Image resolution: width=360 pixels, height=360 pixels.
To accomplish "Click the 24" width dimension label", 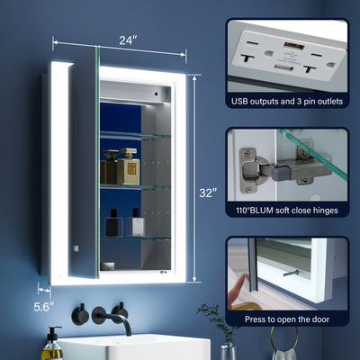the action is point(128,40).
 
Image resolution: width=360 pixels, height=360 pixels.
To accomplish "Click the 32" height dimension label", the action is point(208,193).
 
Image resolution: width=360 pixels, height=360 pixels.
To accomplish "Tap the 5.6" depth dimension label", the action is point(44,307).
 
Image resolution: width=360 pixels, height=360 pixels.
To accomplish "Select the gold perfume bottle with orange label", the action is point(129,166).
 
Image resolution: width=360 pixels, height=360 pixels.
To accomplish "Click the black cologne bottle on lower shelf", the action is point(113,223).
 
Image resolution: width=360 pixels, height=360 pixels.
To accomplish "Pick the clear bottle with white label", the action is point(136,223).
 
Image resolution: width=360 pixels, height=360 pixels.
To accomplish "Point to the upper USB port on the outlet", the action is point(294,46).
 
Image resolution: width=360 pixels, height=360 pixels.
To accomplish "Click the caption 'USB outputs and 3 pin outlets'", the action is point(287,102).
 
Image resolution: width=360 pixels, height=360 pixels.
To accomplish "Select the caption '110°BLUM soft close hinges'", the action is point(287,211).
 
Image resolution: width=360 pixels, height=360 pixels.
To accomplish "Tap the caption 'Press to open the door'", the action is point(287,319).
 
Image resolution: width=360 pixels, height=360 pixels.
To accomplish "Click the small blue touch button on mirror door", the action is point(75,248).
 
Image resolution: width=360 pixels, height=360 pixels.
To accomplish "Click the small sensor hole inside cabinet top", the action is point(156,93).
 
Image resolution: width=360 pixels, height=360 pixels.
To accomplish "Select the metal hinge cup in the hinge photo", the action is point(254,170).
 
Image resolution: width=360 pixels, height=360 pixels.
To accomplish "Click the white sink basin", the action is point(134,347).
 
